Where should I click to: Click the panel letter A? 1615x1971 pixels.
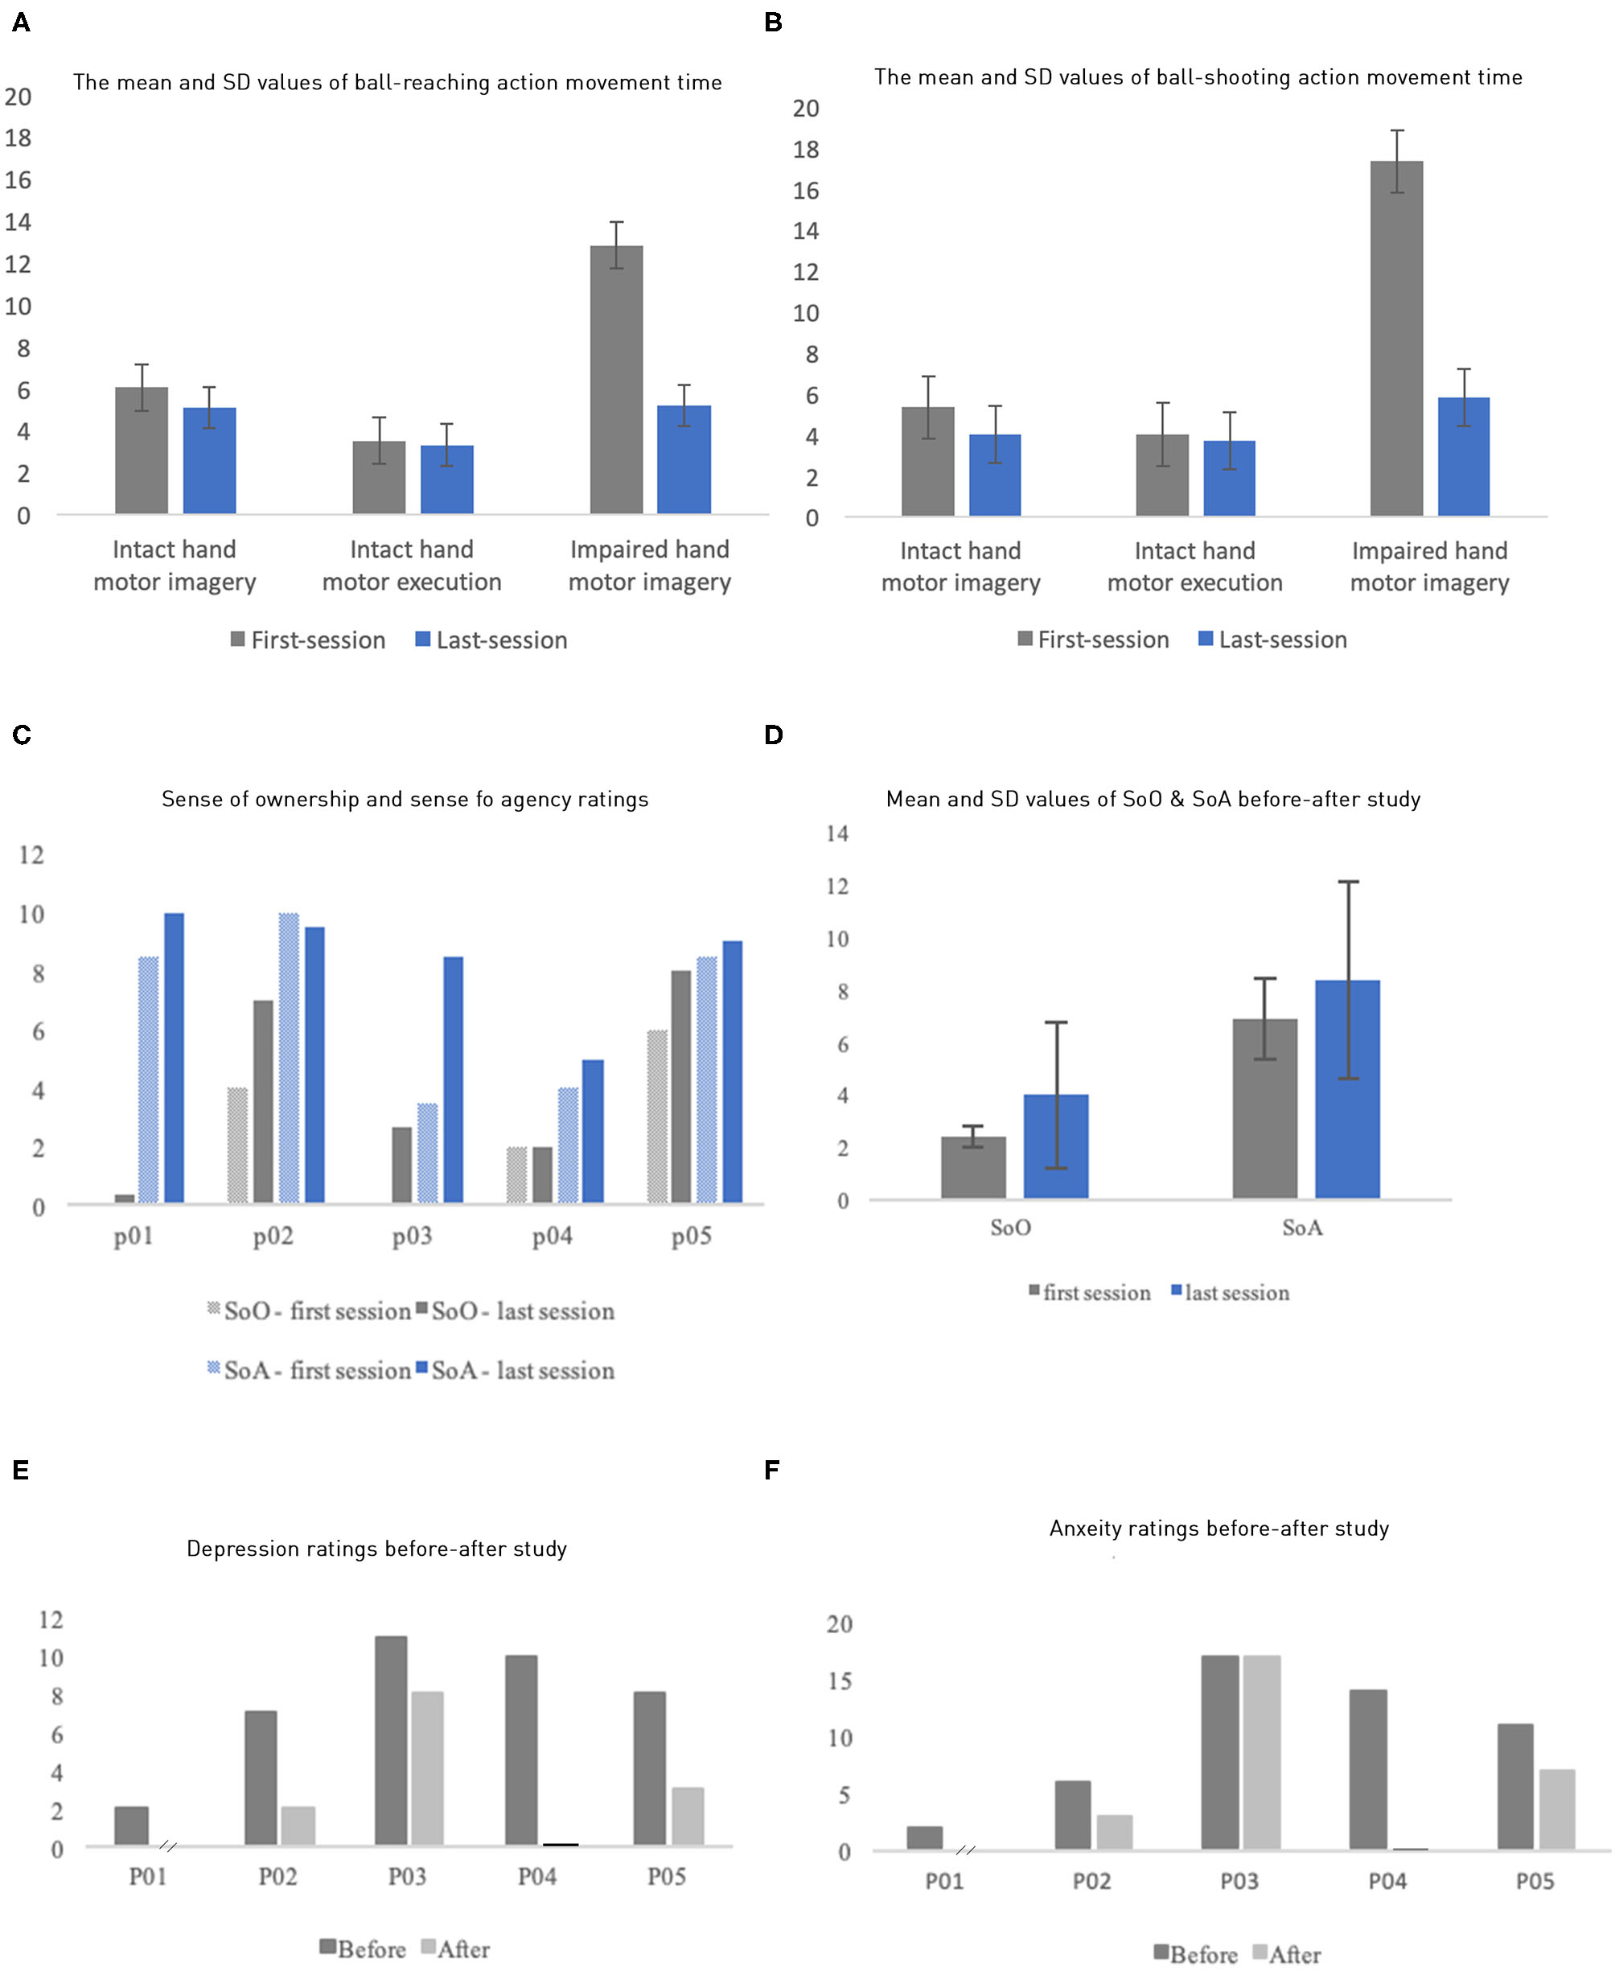[20, 23]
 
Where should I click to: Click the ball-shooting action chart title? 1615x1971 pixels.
[1198, 77]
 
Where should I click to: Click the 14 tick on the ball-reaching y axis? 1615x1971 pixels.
[18, 222]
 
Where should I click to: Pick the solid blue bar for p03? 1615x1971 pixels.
[453, 1080]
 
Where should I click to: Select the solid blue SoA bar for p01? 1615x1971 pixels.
[174, 1057]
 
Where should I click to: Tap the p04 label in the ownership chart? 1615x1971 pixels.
[552, 1236]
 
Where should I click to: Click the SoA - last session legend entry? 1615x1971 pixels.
[515, 1370]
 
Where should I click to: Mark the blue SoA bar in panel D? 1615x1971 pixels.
[1347, 1088]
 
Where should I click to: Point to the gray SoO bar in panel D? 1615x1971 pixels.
[973, 1167]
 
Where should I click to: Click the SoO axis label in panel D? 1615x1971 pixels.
[1010, 1228]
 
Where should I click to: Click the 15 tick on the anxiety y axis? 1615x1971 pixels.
[839, 1681]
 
